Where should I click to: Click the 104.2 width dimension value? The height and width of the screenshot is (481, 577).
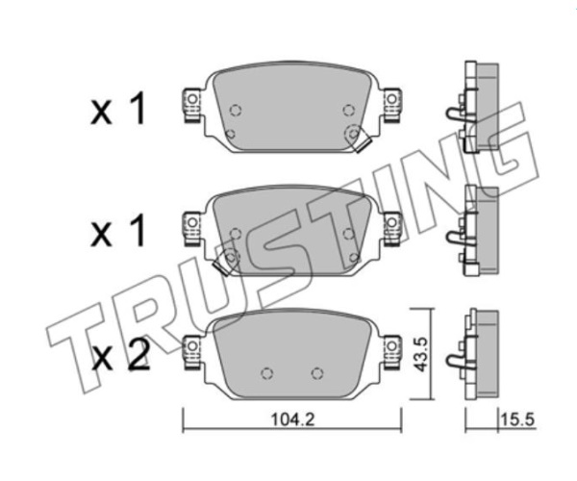[292, 419]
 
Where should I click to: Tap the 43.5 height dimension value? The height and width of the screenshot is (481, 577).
[420, 354]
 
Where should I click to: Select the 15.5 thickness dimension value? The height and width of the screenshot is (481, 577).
[517, 419]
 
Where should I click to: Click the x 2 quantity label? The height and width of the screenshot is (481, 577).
[121, 355]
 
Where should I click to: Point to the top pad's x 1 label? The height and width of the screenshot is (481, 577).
[118, 109]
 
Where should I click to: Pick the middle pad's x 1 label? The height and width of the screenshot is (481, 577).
[118, 231]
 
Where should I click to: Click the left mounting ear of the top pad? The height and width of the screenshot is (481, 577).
[192, 105]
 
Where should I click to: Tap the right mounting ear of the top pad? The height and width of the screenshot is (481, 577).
[391, 105]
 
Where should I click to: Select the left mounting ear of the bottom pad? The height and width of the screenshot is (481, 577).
[192, 351]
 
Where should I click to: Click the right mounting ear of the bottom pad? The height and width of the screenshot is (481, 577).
[391, 351]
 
